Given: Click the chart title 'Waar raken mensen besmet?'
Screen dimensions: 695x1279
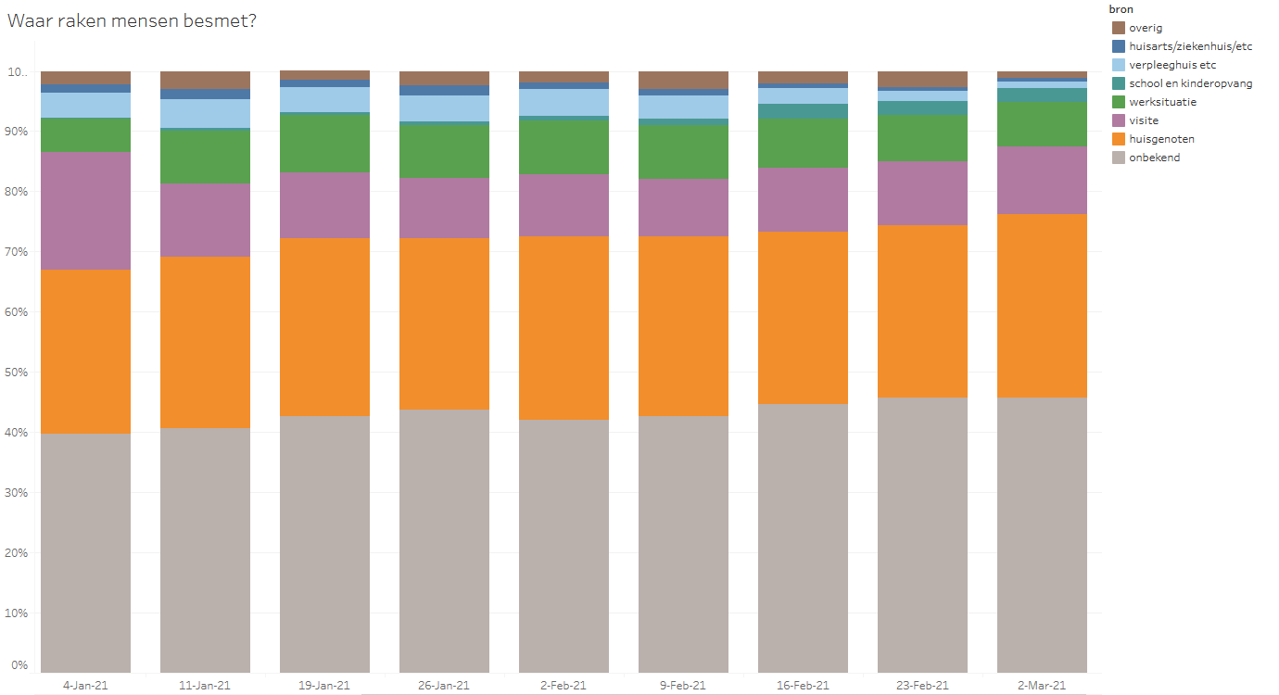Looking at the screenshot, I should click(132, 21).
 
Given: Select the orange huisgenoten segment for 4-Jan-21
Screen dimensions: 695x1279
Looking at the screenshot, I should click(85, 351).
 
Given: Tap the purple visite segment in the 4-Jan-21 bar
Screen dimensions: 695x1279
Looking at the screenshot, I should click(85, 210).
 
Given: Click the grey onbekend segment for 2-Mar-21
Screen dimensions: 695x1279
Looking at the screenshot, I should click(1042, 535).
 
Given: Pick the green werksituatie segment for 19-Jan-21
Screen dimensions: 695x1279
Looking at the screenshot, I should click(324, 142).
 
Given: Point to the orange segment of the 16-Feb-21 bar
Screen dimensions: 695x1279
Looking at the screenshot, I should click(803, 317).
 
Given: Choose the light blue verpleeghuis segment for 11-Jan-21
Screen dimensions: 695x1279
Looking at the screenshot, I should click(205, 113).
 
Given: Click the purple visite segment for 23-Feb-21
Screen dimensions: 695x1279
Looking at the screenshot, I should click(922, 193).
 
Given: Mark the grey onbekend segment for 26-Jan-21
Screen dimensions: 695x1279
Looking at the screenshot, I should click(444, 540).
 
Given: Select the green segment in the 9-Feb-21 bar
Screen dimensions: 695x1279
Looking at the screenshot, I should click(683, 152).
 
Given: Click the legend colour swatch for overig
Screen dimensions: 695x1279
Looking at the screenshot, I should click(1118, 28).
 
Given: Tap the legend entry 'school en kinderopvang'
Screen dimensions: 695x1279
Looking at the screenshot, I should click(1190, 83).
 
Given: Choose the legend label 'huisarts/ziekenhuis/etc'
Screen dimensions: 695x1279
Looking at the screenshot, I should click(1190, 46).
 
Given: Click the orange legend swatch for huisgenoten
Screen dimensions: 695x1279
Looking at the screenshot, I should click(1118, 139).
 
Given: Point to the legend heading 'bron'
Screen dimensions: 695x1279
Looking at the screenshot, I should click(1121, 9).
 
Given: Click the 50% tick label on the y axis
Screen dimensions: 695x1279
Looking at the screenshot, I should click(19, 373).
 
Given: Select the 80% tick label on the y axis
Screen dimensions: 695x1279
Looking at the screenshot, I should click(19, 192).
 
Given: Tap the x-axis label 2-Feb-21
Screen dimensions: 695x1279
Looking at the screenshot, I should click(564, 686).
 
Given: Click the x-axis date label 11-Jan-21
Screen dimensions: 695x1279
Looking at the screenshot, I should click(205, 686).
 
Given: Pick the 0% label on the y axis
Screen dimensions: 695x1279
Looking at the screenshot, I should click(20, 665).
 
